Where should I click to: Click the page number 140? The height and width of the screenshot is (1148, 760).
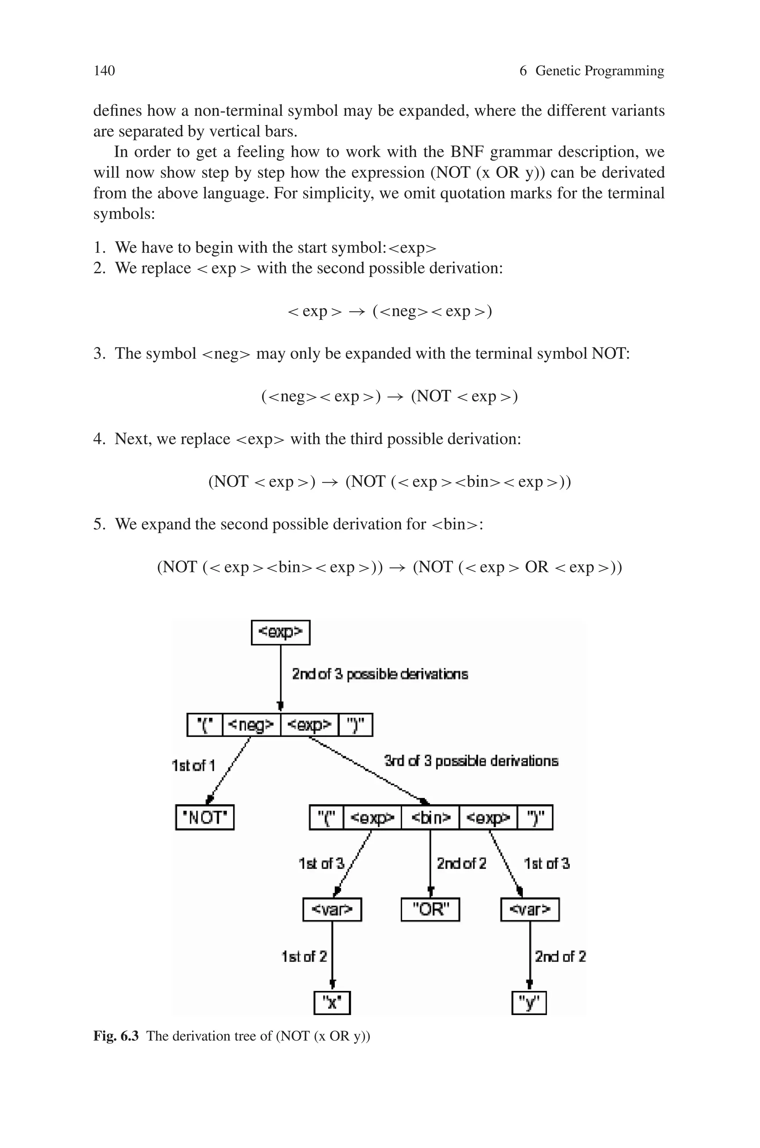tap(104, 71)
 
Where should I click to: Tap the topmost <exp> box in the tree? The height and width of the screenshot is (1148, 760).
tap(281, 632)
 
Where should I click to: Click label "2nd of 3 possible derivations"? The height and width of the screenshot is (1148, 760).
tap(380, 674)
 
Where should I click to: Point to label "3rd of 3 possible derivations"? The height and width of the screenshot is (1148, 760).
tap(471, 761)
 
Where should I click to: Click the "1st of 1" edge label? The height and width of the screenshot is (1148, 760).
tap(193, 766)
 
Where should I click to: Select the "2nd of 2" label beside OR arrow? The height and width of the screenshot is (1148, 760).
tap(461, 864)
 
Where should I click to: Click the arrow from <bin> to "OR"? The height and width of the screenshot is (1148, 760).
tap(430, 863)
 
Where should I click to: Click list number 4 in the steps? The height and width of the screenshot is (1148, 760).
tap(98, 439)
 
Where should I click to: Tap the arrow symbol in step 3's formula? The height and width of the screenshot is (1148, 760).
tap(396, 397)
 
